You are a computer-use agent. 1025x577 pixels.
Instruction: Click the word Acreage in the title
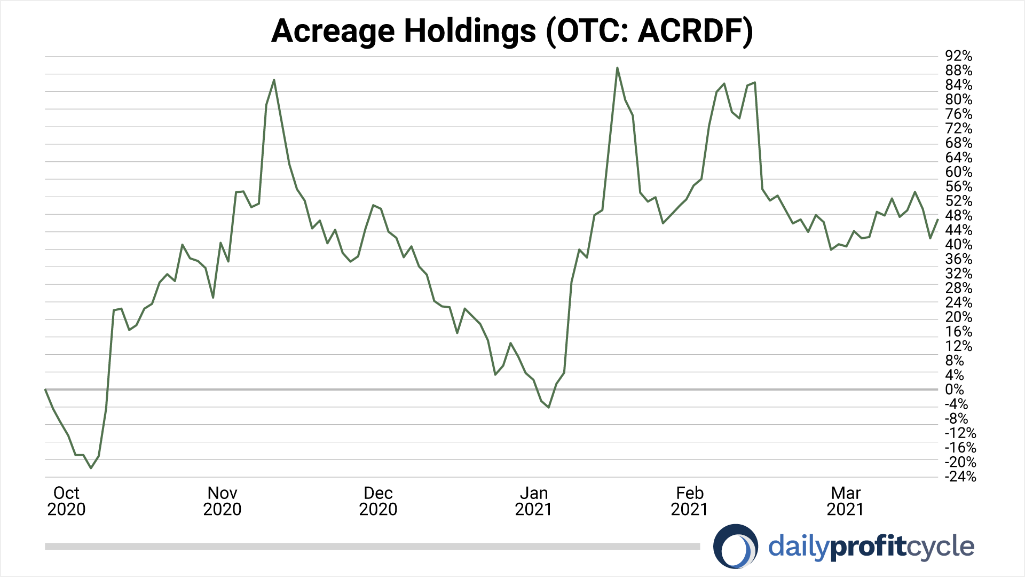(x=334, y=31)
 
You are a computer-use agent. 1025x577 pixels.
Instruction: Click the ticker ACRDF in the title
(x=689, y=31)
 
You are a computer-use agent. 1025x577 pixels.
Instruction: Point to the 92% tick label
(x=958, y=56)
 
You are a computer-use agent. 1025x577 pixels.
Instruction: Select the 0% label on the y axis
(x=954, y=389)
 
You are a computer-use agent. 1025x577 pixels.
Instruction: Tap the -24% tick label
(x=960, y=477)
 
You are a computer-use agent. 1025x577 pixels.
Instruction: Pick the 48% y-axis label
(x=958, y=216)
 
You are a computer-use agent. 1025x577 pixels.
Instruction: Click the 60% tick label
(x=958, y=172)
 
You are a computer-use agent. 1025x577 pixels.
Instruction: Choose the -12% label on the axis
(x=960, y=433)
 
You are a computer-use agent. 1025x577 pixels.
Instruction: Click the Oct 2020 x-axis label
(x=66, y=501)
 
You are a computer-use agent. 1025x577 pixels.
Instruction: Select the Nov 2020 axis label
(x=222, y=501)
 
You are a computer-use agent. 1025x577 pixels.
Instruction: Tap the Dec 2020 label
(x=378, y=501)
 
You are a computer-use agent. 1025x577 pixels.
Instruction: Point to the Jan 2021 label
(x=534, y=501)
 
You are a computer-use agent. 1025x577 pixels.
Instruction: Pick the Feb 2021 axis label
(x=690, y=501)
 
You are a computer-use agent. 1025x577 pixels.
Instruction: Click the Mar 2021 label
(x=846, y=501)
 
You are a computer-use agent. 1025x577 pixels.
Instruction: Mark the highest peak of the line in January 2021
(x=617, y=68)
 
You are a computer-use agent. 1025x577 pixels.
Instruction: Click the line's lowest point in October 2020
(x=91, y=468)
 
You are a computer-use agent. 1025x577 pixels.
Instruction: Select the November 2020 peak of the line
(x=274, y=80)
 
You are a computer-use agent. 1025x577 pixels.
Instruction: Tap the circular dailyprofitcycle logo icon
(x=736, y=546)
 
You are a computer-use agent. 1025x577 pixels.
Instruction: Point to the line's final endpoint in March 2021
(x=938, y=220)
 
